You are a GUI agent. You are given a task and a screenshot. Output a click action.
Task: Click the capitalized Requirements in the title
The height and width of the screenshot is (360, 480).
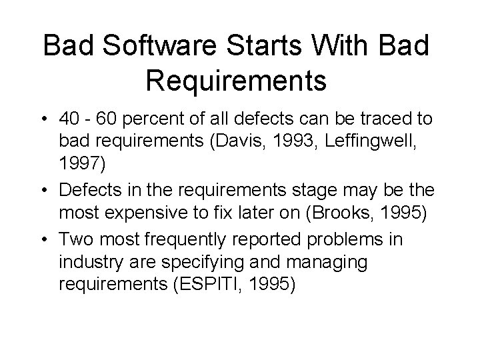click(x=235, y=79)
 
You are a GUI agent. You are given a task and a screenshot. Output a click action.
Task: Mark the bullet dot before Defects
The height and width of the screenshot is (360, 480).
click(x=47, y=191)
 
